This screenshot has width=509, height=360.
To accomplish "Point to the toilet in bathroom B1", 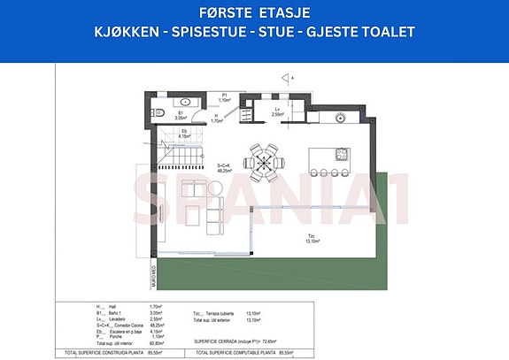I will pyautogui.click(x=156, y=113).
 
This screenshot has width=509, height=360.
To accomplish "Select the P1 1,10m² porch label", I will pyautogui.click(x=226, y=98).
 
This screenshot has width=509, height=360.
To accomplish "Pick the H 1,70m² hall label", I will pyautogui.click(x=217, y=118).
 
